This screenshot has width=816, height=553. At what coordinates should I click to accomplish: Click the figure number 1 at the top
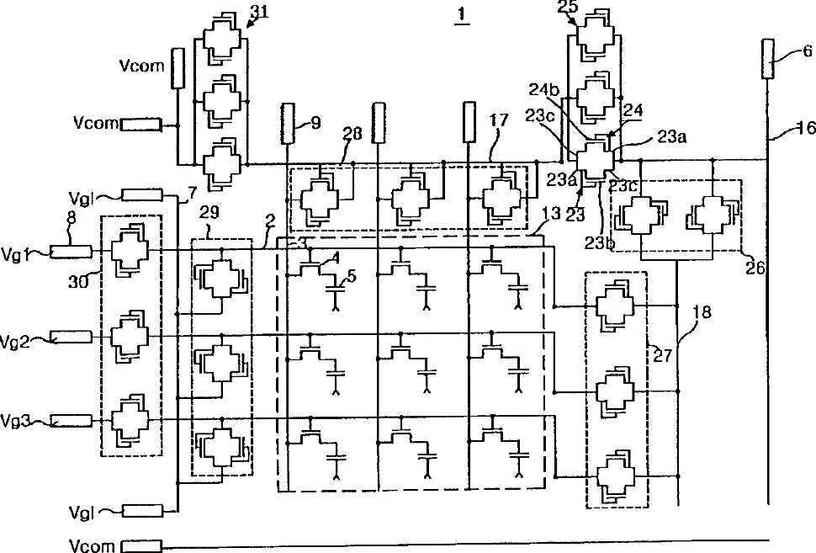click(x=459, y=18)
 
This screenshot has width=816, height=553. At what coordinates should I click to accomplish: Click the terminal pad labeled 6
click(x=767, y=58)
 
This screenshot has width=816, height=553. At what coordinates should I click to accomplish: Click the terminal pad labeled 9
click(x=288, y=122)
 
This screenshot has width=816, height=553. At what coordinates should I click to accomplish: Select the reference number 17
click(x=498, y=120)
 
